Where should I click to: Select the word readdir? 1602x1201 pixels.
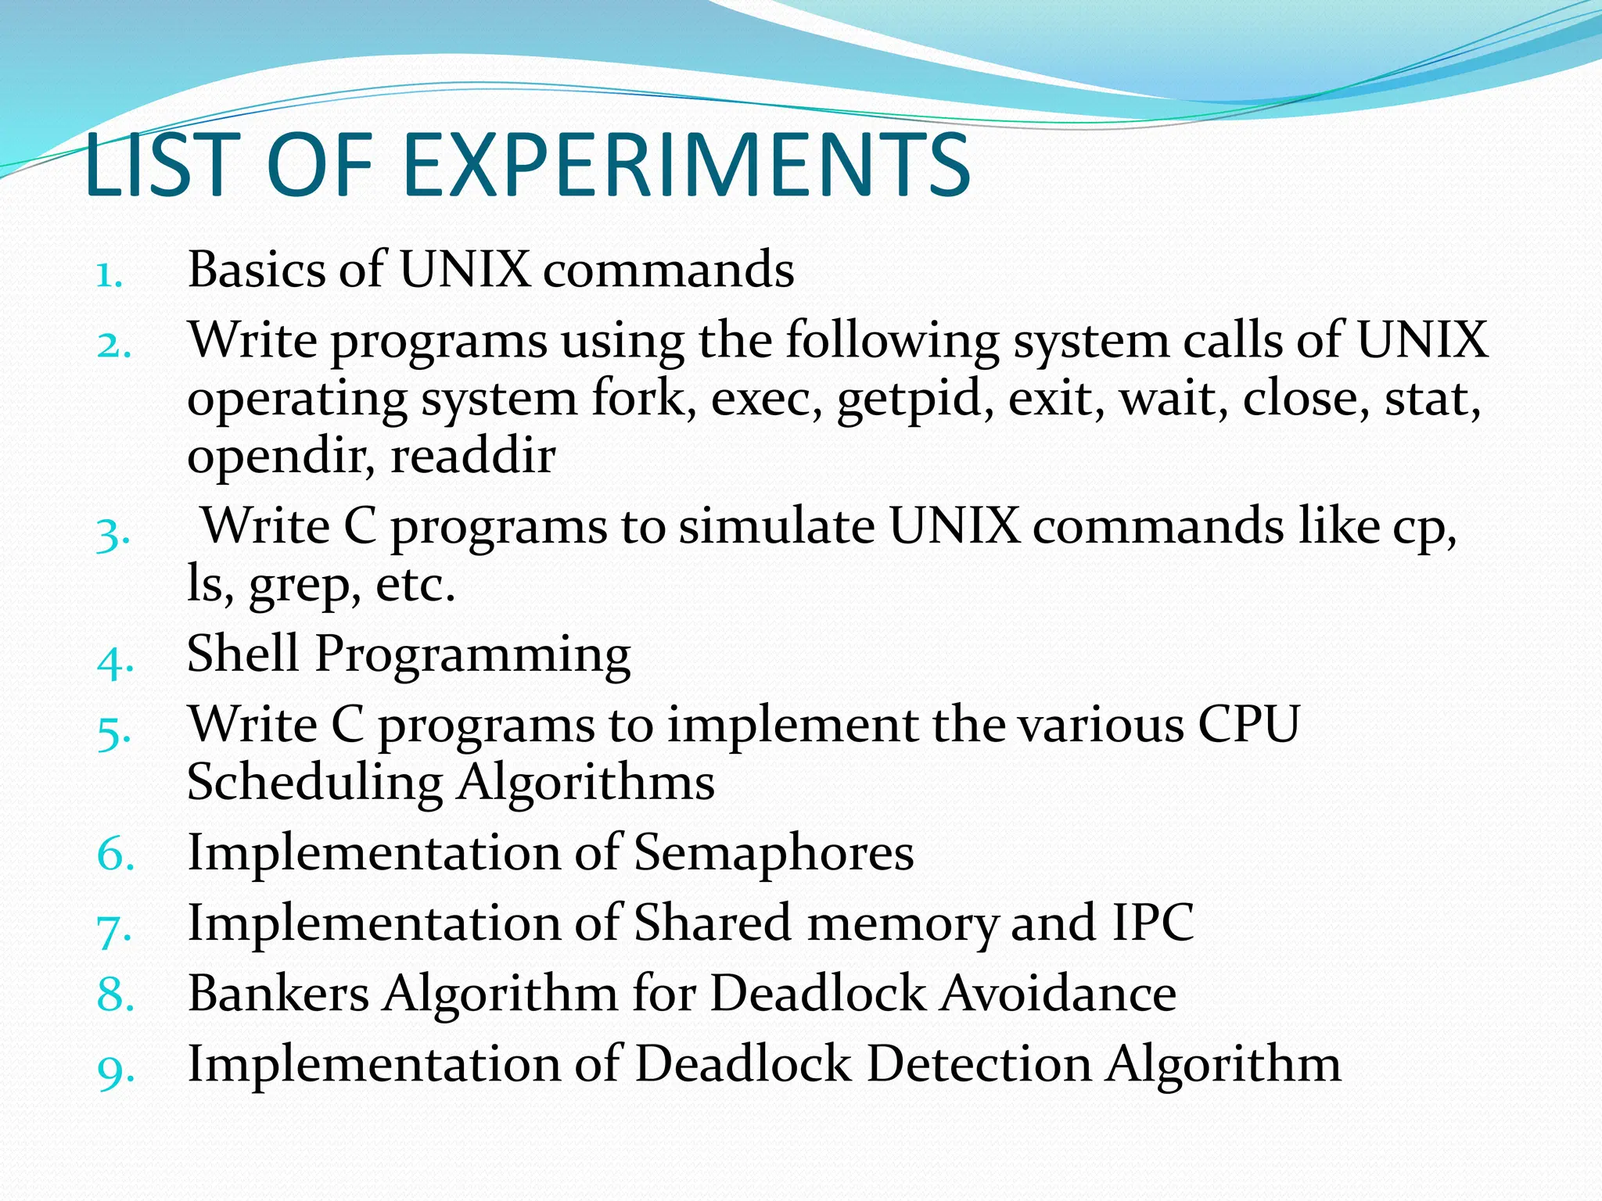473,455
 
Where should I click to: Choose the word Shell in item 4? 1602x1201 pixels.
243,654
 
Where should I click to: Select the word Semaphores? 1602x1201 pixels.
774,852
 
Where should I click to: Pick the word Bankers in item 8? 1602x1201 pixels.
278,994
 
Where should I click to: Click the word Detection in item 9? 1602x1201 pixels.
979,1064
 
